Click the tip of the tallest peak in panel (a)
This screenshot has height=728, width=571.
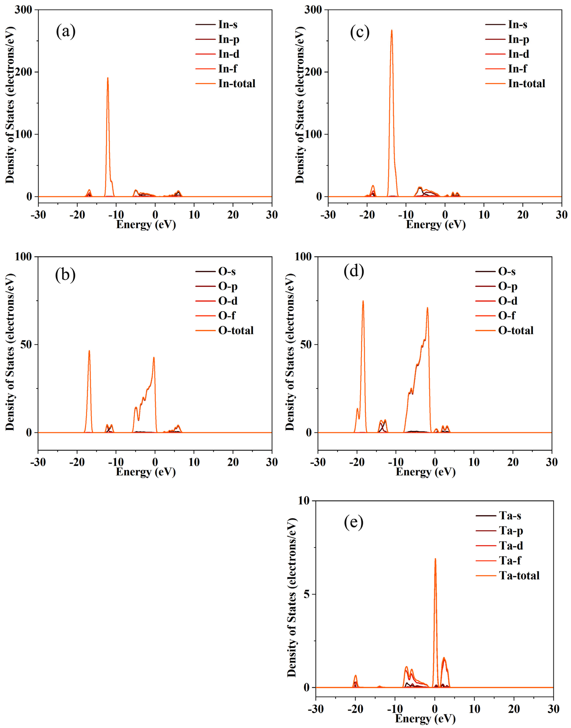click(x=108, y=78)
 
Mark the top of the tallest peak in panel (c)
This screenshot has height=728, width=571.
click(x=391, y=30)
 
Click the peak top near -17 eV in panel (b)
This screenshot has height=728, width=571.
click(x=89, y=351)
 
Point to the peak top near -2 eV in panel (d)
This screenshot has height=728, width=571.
click(x=427, y=308)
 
